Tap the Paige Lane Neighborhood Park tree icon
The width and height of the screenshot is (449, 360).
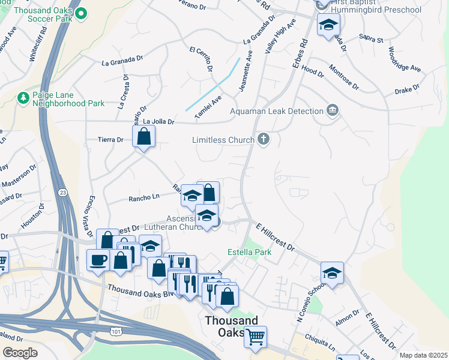coord(23,97)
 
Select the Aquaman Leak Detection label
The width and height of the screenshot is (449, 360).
coord(276,111)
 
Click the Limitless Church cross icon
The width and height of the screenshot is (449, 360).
coord(262,140)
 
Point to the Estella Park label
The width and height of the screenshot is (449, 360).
coord(250,252)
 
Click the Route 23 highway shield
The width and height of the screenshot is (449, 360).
coord(63,192)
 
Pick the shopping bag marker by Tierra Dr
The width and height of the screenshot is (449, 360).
coord(144,136)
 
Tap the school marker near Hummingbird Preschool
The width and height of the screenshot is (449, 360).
coord(328,25)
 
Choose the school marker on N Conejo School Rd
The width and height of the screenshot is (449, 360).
coord(332,272)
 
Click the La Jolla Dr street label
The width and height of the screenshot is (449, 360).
coord(158,122)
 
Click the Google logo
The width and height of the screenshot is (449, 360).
coord(20,353)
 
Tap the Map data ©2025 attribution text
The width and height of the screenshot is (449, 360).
coord(423,355)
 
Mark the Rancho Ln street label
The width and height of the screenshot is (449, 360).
coord(143,197)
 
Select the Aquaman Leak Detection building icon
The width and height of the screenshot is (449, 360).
coord(332,110)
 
